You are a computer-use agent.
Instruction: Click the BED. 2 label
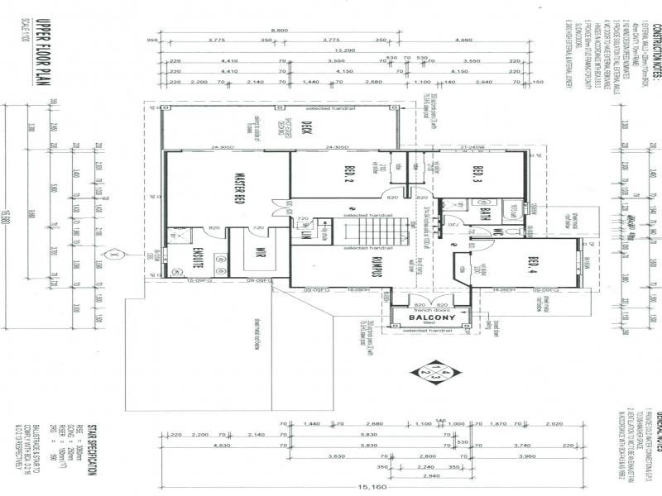click(x=348, y=175)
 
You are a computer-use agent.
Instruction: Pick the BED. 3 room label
click(x=477, y=175)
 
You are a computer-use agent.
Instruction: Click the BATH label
click(x=485, y=212)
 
